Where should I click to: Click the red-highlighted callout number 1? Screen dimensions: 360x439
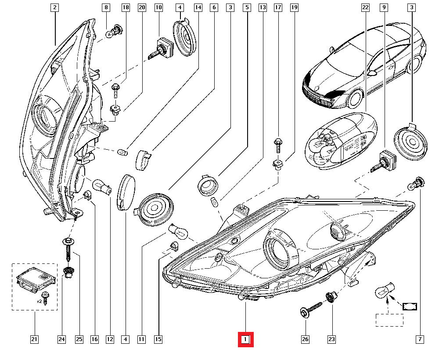pyautogui.click(x=246, y=339)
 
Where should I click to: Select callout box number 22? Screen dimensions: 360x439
pyautogui.click(x=365, y=7)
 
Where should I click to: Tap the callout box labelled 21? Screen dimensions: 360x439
pyautogui.click(x=34, y=339)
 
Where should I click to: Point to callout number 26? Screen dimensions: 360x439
pyautogui.click(x=306, y=339)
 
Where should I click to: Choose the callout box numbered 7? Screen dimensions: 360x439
pyautogui.click(x=420, y=339)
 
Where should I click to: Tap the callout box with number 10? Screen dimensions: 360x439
pyautogui.click(x=158, y=7)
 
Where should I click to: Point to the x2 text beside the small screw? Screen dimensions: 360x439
pyautogui.click(x=39, y=301)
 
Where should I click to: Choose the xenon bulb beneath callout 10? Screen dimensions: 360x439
pyautogui.click(x=162, y=48)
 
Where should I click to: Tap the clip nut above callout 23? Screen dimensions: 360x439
pyautogui.click(x=331, y=297)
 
